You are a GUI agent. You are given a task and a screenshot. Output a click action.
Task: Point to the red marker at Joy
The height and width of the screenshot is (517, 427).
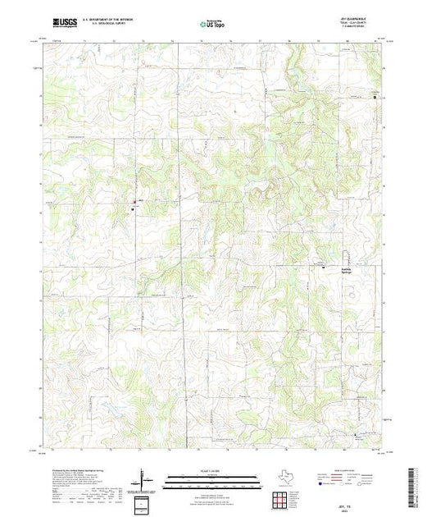tap(134, 202)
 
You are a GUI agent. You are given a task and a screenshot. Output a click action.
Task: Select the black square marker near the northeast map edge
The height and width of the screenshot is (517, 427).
tap(376, 98)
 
